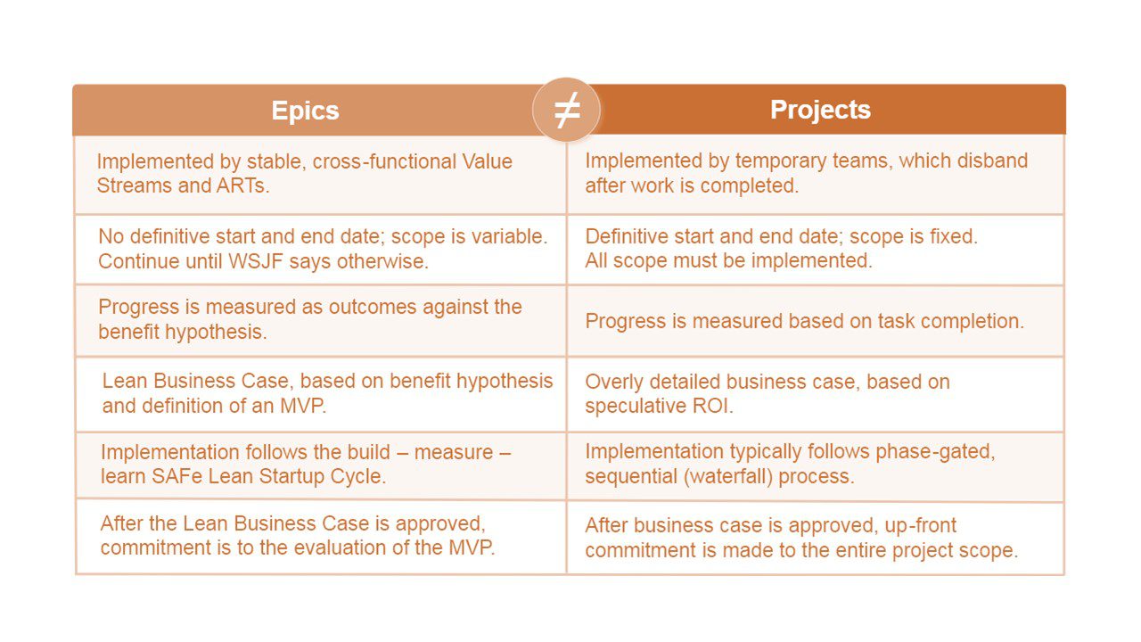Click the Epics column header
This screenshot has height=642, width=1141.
(305, 111)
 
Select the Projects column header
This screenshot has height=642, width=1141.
(820, 110)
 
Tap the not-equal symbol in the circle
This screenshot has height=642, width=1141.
(567, 110)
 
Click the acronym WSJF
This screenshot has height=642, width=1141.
(256, 261)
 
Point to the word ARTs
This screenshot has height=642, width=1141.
(242, 186)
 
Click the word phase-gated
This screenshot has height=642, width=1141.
(935, 452)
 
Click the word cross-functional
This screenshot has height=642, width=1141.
(384, 161)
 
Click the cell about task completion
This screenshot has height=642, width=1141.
(815, 321)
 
